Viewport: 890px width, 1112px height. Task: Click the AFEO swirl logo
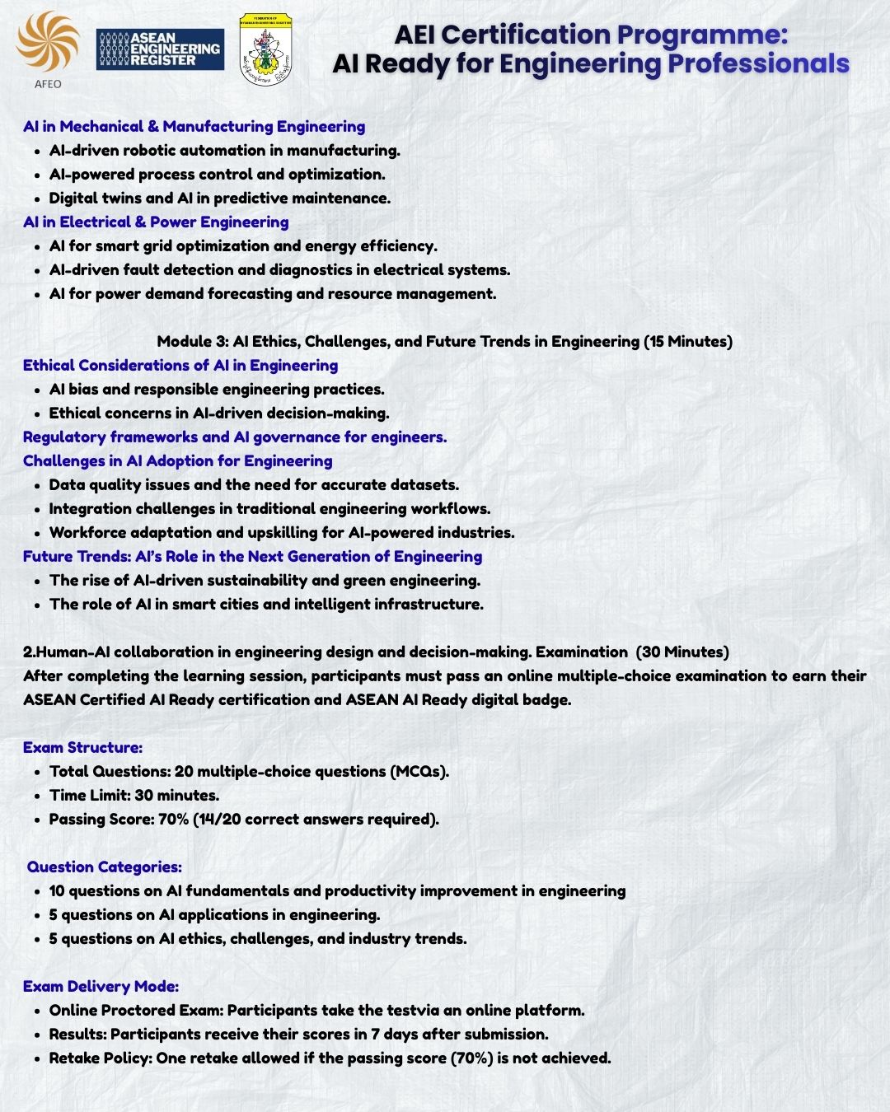[48, 42]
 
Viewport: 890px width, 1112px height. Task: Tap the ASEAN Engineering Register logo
[160, 49]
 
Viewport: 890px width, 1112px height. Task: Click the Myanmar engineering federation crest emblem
[265, 49]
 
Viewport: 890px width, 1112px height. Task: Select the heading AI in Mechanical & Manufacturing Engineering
[194, 126]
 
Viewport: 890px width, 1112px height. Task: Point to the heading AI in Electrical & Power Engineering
[156, 222]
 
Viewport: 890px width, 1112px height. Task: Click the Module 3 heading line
[444, 341]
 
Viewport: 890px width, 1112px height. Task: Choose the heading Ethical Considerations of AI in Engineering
[180, 365]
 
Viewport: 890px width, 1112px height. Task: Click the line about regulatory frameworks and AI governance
[235, 437]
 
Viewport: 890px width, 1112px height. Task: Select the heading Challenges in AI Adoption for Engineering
[178, 460]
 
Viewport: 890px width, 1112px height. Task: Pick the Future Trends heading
[252, 556]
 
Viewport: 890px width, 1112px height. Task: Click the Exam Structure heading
[82, 747]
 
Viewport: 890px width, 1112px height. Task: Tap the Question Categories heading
[105, 867]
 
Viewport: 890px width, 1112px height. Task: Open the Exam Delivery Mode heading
[101, 986]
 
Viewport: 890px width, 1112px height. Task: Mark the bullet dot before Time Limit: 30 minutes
[38, 796]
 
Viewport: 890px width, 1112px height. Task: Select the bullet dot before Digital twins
[38, 199]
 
